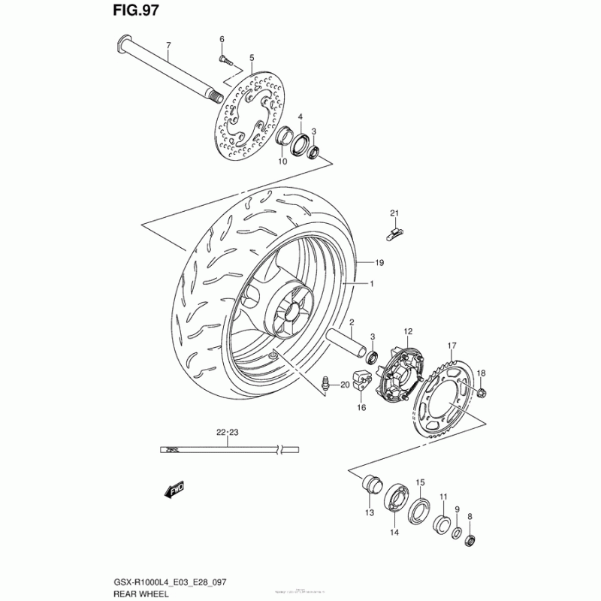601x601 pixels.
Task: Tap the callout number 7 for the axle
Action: click(168, 45)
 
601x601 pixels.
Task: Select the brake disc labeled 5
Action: click(251, 113)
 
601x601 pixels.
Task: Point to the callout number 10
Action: click(282, 162)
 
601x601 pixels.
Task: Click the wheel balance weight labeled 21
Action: click(394, 232)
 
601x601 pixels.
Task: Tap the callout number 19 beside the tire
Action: click(380, 262)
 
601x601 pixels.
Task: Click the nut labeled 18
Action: click(482, 391)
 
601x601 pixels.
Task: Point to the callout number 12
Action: click(408, 331)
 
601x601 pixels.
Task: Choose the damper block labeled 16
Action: click(363, 382)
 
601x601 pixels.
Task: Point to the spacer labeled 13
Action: click(371, 485)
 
